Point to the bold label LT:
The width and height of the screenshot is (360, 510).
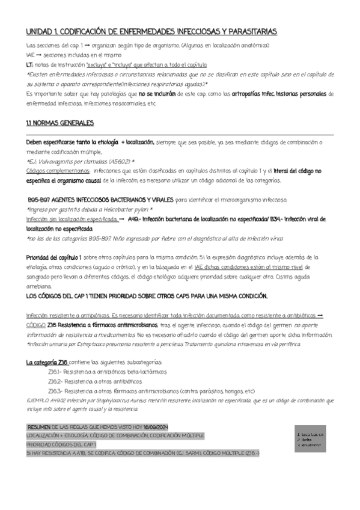tap(30, 64)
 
